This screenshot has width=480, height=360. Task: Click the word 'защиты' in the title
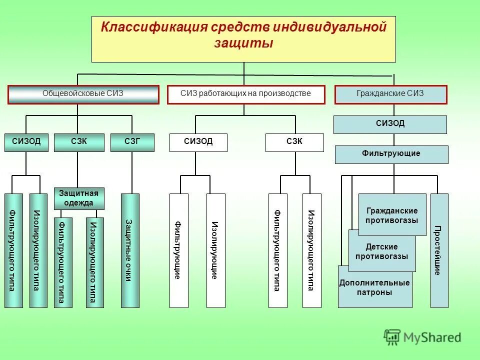point(243,44)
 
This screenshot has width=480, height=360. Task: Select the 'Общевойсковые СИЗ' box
point(83,94)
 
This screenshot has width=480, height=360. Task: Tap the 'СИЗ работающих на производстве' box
point(245,94)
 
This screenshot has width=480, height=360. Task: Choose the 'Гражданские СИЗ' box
point(390,94)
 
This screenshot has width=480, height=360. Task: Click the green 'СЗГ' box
point(132,142)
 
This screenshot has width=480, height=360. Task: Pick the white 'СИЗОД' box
point(198,142)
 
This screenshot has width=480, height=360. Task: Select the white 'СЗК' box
point(294,142)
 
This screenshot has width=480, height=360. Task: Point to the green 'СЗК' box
point(79,142)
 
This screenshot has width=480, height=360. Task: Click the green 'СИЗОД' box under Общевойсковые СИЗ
point(26,142)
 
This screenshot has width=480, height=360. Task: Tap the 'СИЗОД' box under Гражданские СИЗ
point(390,124)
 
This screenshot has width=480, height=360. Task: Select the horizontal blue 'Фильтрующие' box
point(391,154)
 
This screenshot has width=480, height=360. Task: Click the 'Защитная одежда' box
point(79,198)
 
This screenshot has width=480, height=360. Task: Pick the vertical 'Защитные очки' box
point(130,250)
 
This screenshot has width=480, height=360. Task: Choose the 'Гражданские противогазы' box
point(392,215)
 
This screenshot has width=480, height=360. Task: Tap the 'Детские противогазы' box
point(382,251)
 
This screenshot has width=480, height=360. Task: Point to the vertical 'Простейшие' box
point(439,250)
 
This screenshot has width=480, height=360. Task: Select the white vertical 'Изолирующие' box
point(215,250)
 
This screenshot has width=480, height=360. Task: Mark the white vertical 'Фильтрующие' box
point(179,250)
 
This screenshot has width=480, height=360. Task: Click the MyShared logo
point(422,337)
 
